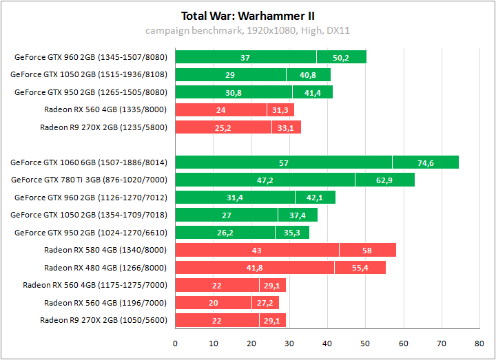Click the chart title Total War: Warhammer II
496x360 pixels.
248,16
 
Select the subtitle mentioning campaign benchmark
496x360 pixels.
248,30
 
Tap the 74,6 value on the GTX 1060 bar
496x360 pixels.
426,162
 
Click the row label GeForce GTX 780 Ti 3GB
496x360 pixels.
90,180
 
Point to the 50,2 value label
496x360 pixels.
341,57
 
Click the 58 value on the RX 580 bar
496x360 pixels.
367,250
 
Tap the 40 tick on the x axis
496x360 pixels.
327,342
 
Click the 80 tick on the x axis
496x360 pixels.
479,342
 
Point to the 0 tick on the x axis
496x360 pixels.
176,342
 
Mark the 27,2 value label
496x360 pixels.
265,303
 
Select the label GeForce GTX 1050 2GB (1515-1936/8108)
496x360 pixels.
89,74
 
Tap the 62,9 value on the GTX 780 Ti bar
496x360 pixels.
384,180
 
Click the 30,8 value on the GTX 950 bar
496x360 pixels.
234,92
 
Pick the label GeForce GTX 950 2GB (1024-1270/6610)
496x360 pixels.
91,233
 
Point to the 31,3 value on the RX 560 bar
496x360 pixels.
280,109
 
